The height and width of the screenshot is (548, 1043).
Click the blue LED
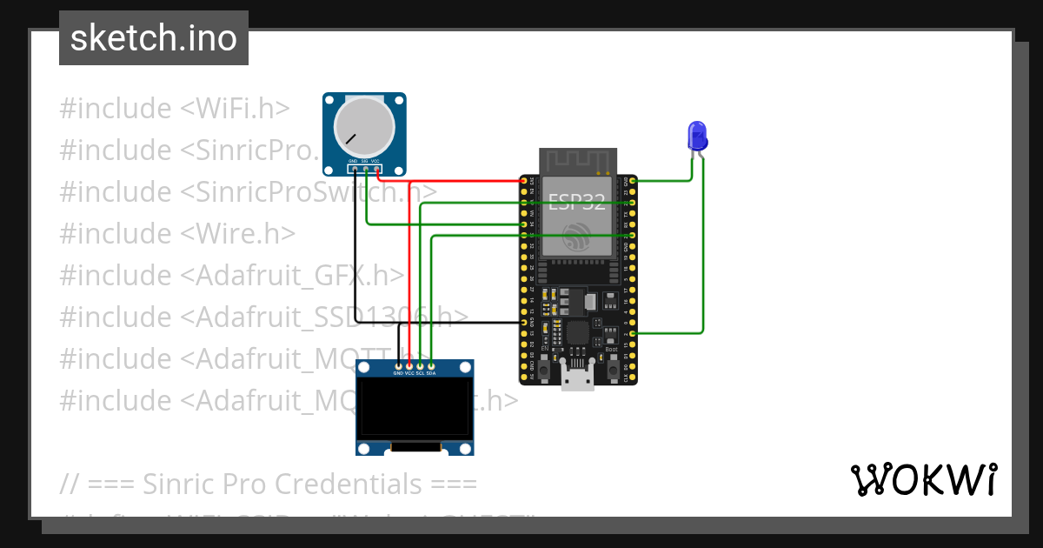tap(697, 136)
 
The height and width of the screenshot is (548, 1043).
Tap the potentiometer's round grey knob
tap(364, 127)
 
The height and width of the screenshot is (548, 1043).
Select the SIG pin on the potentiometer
tap(365, 168)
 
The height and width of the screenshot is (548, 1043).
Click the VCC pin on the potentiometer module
tap(376, 168)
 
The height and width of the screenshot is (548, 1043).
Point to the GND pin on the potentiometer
tap(354, 168)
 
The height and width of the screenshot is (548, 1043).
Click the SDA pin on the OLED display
tap(431, 365)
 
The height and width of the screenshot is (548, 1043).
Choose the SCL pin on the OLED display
tap(420, 365)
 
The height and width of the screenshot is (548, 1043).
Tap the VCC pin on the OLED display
tap(409, 365)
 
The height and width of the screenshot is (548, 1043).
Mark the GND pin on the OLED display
tap(398, 365)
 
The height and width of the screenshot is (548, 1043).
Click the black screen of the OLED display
tap(415, 409)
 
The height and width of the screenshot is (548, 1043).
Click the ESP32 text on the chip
tap(576, 202)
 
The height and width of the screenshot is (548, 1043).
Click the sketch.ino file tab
tap(154, 38)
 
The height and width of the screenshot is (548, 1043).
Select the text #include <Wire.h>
tap(177, 233)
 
